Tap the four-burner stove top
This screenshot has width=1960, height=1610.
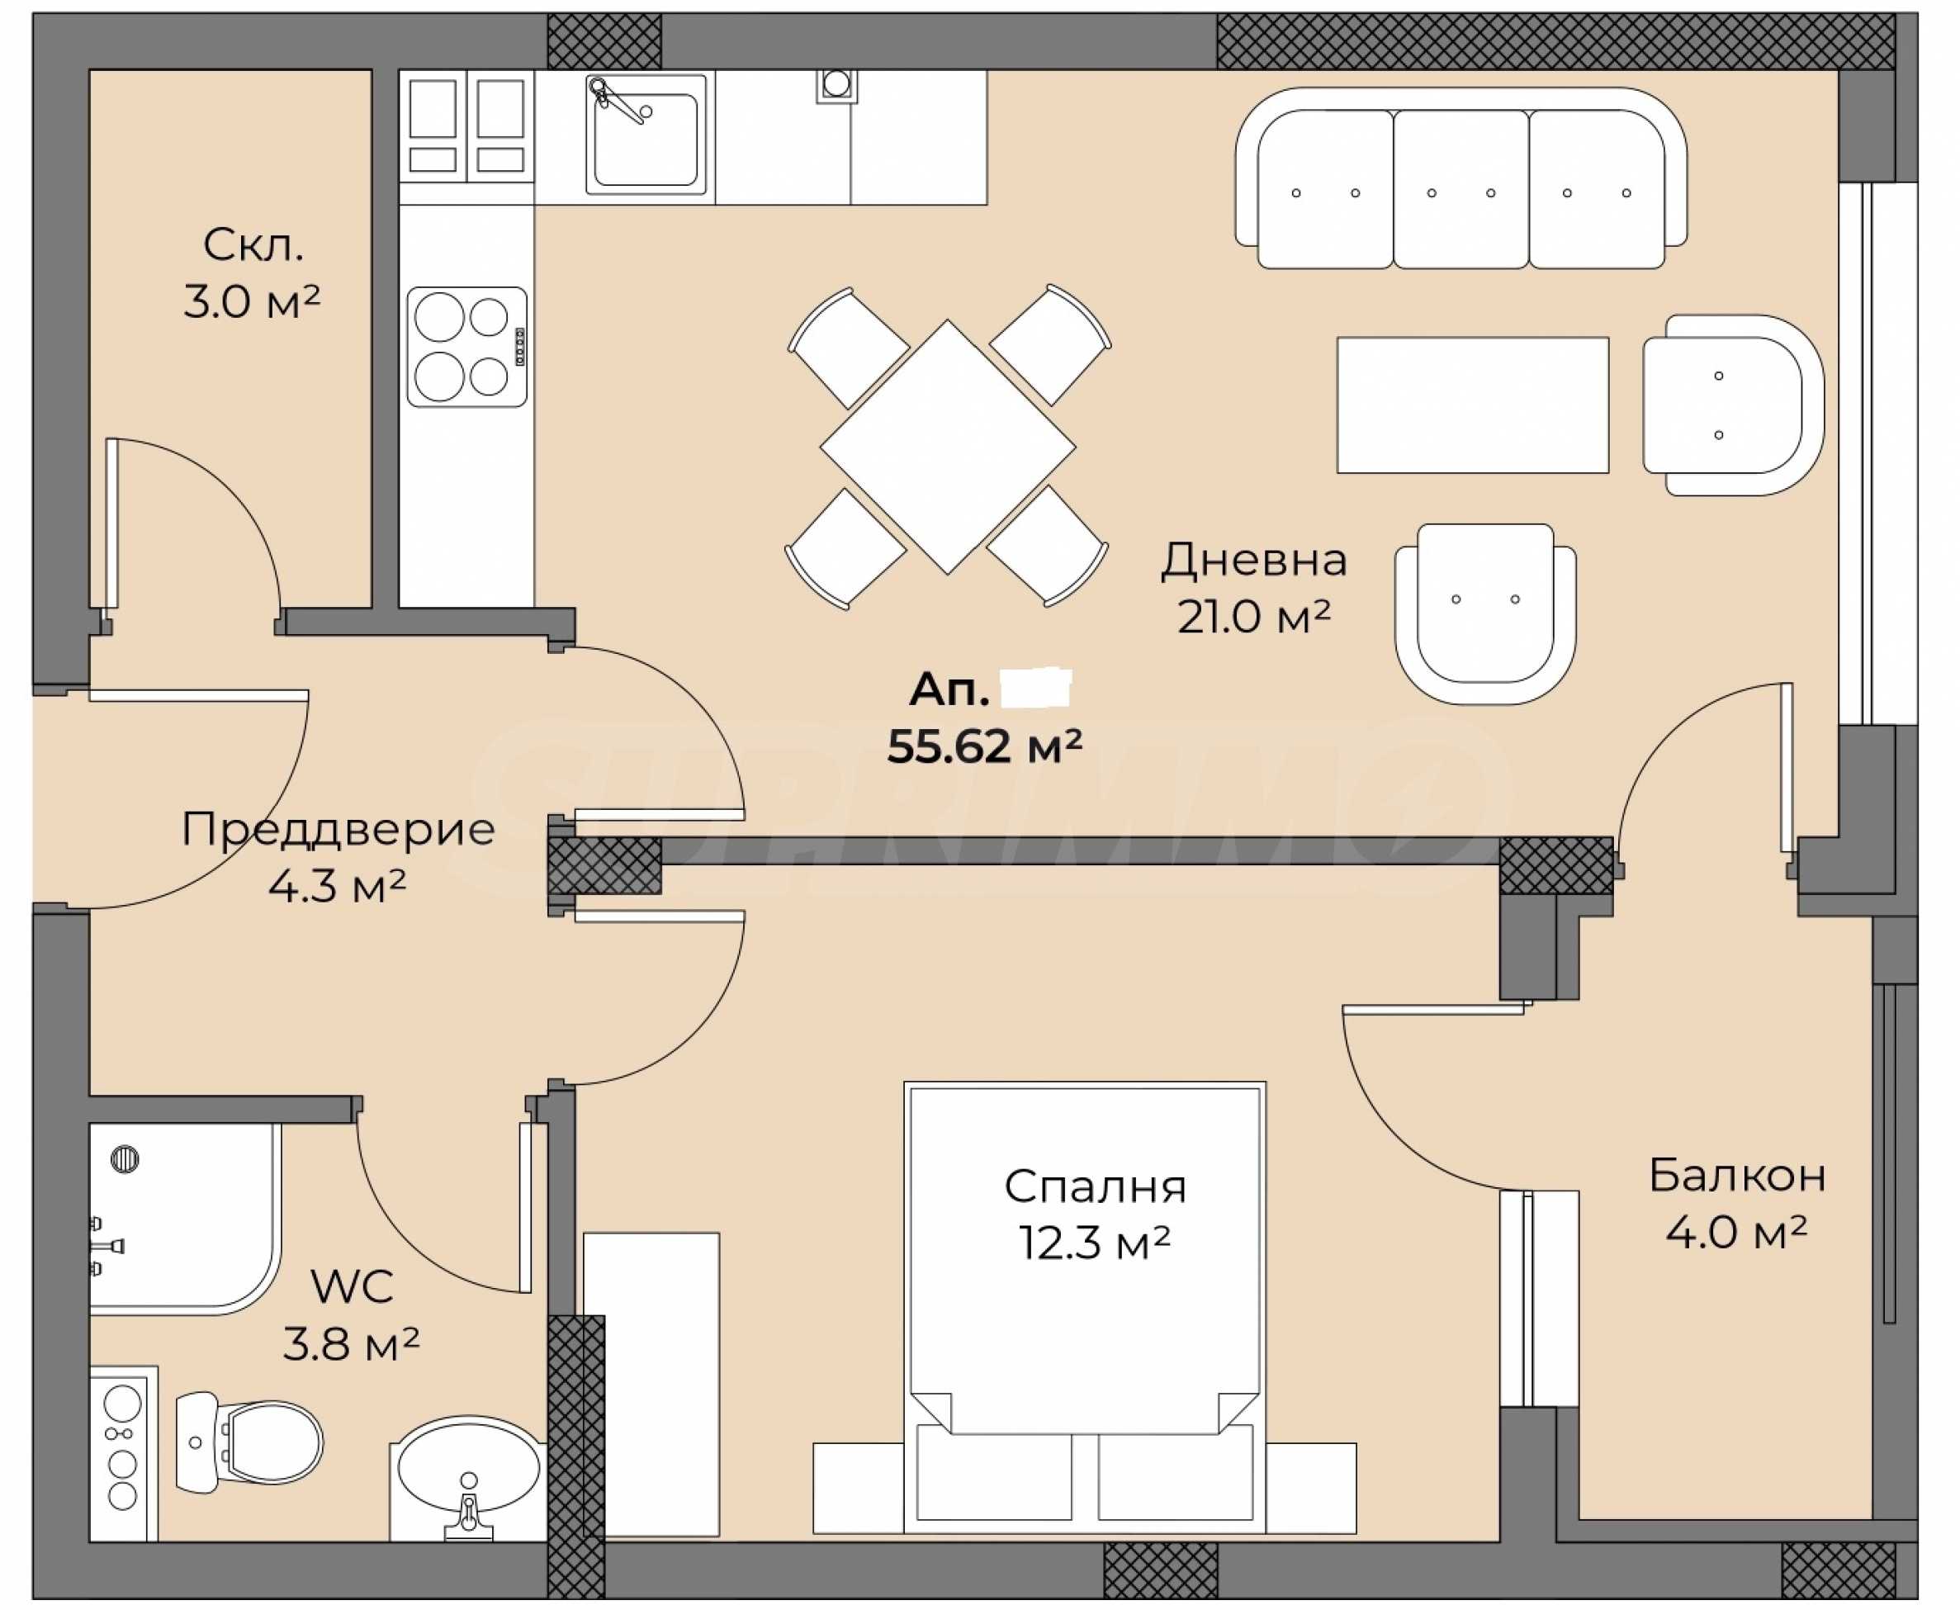click(x=467, y=347)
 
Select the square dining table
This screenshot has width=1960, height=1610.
click(x=948, y=447)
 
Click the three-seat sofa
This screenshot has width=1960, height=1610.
click(x=1461, y=178)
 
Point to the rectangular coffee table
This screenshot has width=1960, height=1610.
click(x=1472, y=405)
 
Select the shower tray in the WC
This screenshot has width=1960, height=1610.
click(x=184, y=1219)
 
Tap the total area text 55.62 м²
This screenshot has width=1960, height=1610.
click(x=985, y=746)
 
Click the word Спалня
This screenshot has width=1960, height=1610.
click(x=1095, y=1187)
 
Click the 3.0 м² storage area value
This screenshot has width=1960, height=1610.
click(x=252, y=302)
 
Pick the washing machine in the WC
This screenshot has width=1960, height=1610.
click(x=124, y=1453)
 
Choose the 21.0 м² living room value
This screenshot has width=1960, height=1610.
click(x=1254, y=618)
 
